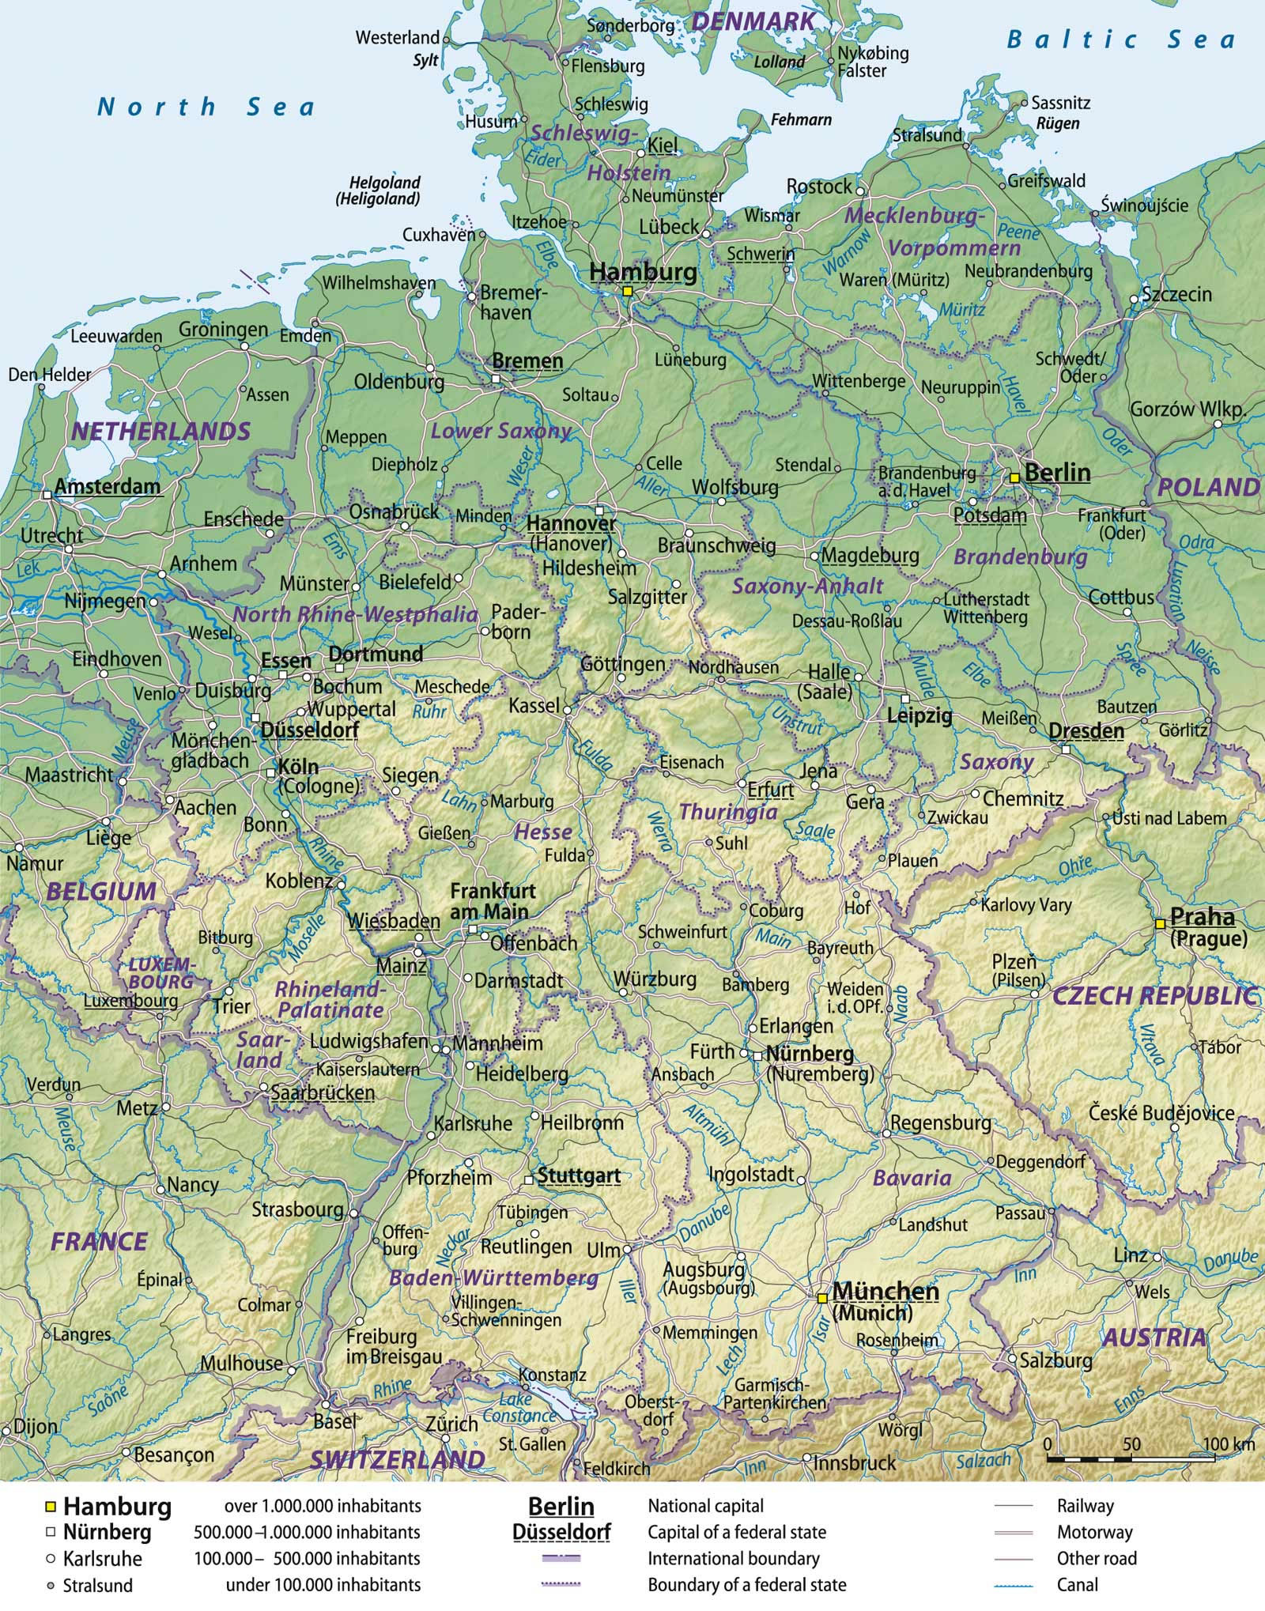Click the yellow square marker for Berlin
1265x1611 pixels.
1014,477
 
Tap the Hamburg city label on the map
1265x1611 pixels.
644,272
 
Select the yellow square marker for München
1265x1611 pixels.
822,1298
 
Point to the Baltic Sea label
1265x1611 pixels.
1120,40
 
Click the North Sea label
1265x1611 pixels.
205,106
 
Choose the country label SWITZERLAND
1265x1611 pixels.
396,1460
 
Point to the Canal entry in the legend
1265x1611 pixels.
1077,1584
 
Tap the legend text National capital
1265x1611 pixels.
705,1506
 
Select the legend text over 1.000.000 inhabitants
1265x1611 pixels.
323,1506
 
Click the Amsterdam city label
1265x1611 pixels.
108,486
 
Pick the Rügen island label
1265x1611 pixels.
1057,123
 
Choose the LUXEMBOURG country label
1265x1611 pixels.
161,973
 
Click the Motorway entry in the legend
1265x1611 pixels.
1094,1532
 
